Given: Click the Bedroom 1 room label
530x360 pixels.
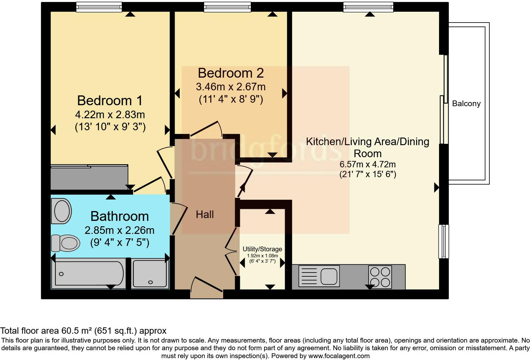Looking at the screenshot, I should [x=110, y=100].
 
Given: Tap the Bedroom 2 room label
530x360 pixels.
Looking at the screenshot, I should [x=231, y=73].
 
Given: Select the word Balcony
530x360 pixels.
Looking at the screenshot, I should [x=466, y=104].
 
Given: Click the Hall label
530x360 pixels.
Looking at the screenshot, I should [x=205, y=215].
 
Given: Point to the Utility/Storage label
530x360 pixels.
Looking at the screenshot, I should [x=262, y=249].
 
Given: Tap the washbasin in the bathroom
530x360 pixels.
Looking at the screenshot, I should [x=61, y=211].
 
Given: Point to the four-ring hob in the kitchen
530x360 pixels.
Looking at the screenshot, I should [x=380, y=277].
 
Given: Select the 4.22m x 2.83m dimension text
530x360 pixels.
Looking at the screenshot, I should [x=110, y=114].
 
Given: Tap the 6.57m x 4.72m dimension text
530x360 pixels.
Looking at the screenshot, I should [x=367, y=164].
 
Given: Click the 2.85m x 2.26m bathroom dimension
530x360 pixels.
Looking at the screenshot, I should [x=120, y=230].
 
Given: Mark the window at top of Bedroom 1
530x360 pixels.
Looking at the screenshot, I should [x=99, y=7].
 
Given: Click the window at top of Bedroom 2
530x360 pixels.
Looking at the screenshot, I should [x=227, y=7].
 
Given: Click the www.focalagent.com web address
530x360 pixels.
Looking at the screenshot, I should [x=339, y=356].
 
